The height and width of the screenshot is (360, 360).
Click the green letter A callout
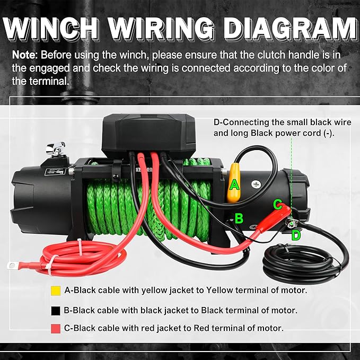[x=235, y=185]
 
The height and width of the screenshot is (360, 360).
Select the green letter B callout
[x=239, y=218]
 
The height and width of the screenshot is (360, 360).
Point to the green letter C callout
[x=277, y=204]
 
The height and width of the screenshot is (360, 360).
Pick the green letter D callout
[x=296, y=234]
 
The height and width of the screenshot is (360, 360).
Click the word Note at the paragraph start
[x=24, y=55]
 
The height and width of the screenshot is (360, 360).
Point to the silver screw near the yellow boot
[x=257, y=185]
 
